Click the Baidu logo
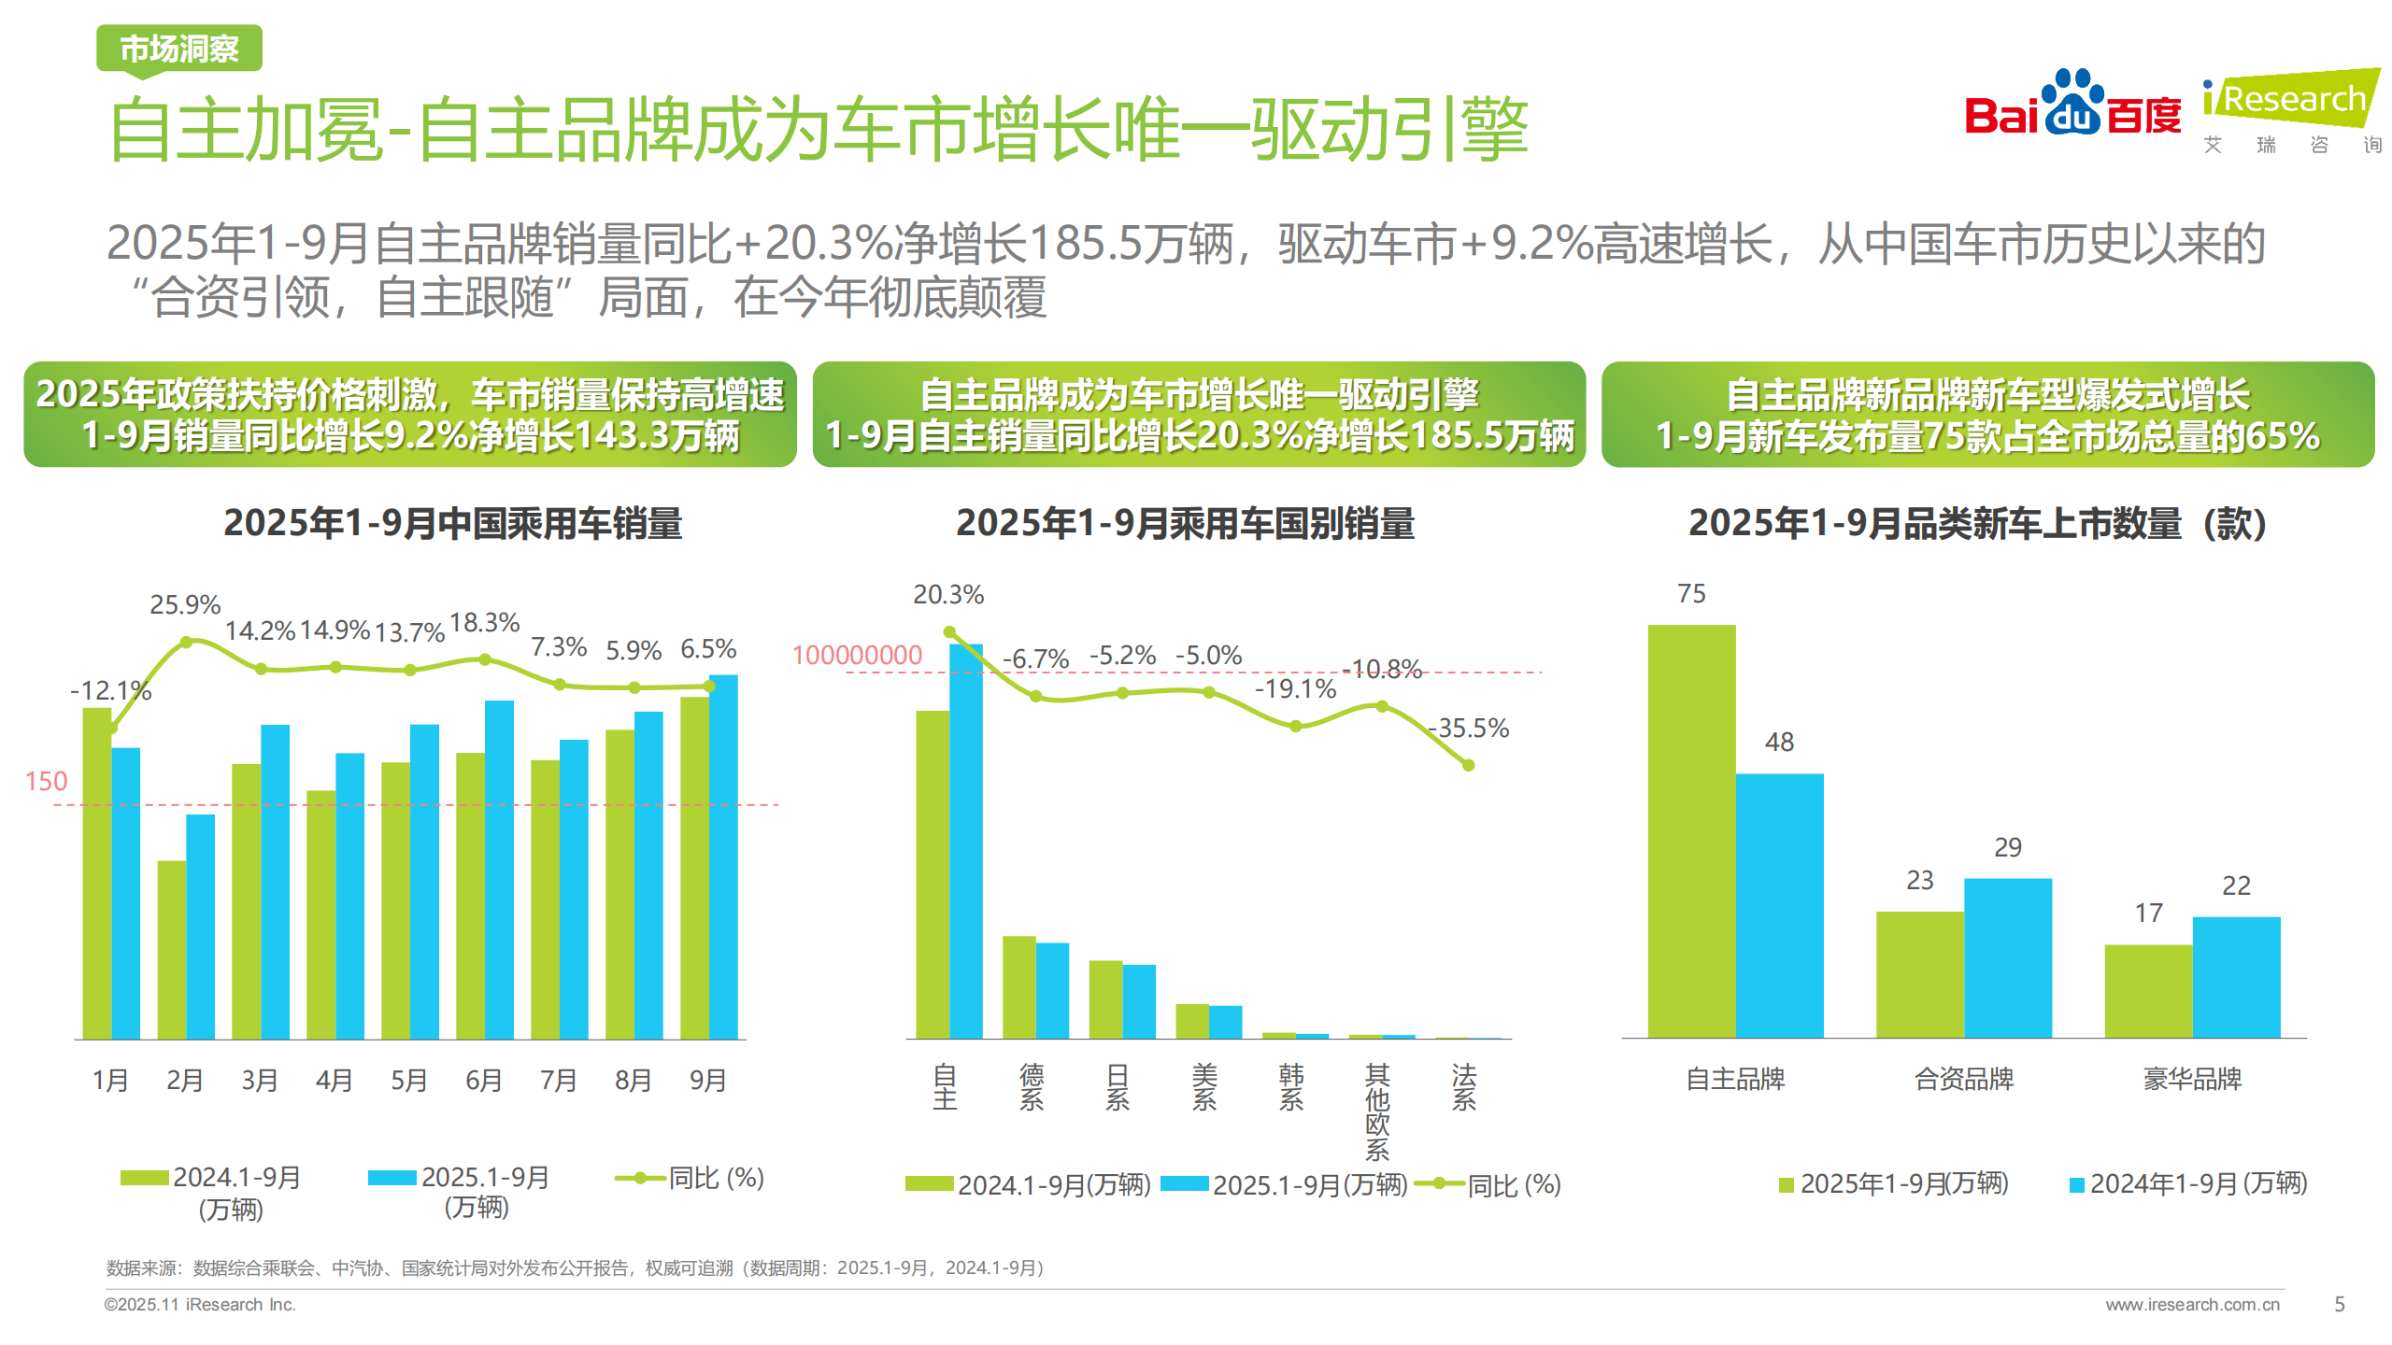(2072, 106)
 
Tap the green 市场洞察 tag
(178, 49)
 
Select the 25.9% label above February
(185, 604)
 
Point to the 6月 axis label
(483, 1080)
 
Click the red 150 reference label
(46, 781)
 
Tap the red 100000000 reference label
(857, 655)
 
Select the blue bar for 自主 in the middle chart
(965, 841)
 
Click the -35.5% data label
(1469, 728)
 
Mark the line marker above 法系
(1468, 765)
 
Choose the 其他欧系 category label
(1377, 1111)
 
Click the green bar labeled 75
(1690, 831)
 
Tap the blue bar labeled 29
(2007, 957)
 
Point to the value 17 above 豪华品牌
(2148, 913)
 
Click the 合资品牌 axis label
(1963, 1079)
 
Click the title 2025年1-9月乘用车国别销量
(1185, 523)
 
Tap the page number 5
(2339, 1304)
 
